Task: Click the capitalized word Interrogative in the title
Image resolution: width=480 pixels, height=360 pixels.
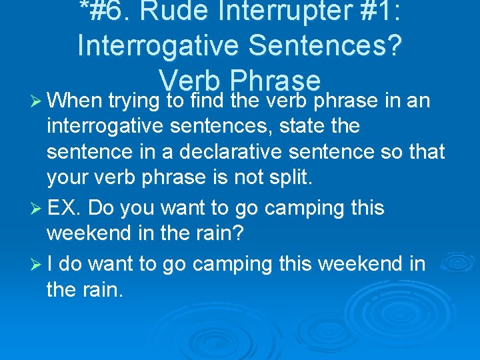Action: click(x=160, y=45)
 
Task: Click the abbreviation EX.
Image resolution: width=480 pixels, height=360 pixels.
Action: click(x=65, y=208)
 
